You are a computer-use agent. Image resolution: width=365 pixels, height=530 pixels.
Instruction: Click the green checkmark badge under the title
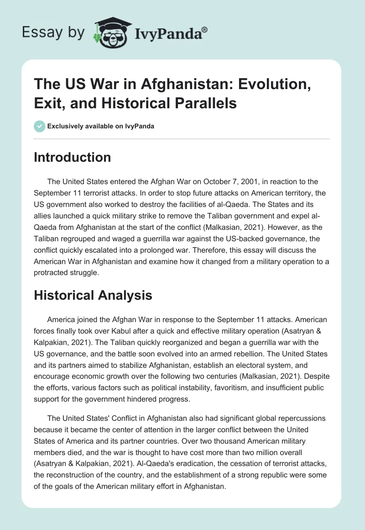pos(40,127)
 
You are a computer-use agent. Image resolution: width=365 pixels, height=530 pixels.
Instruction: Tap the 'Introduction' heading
pos(72,157)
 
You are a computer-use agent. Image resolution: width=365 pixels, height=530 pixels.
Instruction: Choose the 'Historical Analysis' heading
pos(93,295)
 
